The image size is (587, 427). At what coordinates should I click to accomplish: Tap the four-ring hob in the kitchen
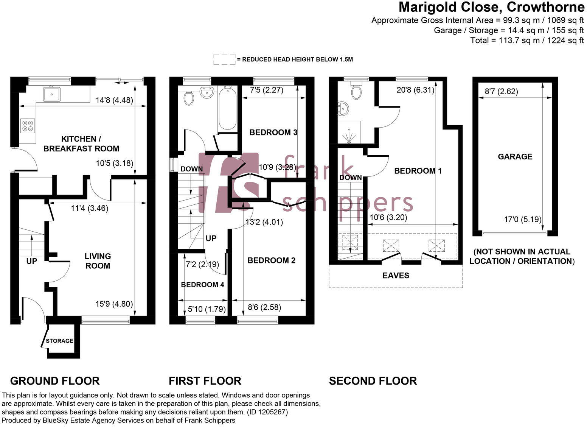[x=28, y=125]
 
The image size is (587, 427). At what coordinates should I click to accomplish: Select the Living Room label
[x=98, y=261]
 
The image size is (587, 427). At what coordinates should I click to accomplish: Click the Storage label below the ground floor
[x=59, y=341]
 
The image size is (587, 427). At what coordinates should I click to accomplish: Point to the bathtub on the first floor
[x=227, y=108]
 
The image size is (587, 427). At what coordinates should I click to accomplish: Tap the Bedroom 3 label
[x=273, y=132]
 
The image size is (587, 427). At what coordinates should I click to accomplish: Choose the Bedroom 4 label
[x=202, y=285]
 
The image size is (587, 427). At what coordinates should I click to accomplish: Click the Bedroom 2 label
[x=271, y=260]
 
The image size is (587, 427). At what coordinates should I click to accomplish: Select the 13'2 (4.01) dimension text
[x=264, y=222]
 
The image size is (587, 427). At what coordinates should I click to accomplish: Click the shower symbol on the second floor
[x=348, y=135]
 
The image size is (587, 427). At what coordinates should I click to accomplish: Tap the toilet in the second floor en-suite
[x=356, y=91]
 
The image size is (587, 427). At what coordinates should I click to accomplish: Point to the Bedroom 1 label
[x=418, y=171]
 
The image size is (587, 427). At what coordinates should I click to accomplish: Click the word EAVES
[x=396, y=275]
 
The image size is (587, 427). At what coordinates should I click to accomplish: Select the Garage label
[x=515, y=156]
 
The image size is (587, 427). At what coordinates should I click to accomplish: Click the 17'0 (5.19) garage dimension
[x=523, y=219]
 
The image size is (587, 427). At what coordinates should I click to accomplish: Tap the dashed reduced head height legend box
[x=224, y=59]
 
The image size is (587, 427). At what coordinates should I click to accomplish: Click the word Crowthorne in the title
[x=545, y=7]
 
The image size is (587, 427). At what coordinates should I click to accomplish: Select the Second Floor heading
[x=373, y=381]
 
